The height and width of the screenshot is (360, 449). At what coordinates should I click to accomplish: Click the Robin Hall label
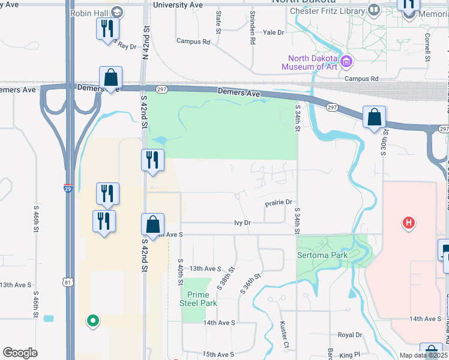click(x=88, y=13)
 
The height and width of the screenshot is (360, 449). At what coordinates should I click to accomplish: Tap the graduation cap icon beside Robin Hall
click(x=116, y=12)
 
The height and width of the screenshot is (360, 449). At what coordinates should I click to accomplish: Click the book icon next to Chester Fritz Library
click(x=373, y=10)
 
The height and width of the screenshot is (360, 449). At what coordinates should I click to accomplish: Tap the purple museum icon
click(x=346, y=61)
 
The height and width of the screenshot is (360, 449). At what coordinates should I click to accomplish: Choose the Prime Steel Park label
click(x=198, y=299)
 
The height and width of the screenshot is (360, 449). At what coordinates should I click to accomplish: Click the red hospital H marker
click(x=409, y=223)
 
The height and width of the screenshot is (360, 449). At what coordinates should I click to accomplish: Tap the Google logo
click(x=20, y=353)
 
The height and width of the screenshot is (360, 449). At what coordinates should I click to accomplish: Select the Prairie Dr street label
click(x=279, y=203)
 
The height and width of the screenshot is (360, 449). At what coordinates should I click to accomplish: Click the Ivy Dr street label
click(x=242, y=223)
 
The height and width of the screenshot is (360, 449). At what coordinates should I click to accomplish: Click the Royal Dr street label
click(x=351, y=335)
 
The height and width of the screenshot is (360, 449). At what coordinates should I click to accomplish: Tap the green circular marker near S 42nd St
click(x=92, y=320)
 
